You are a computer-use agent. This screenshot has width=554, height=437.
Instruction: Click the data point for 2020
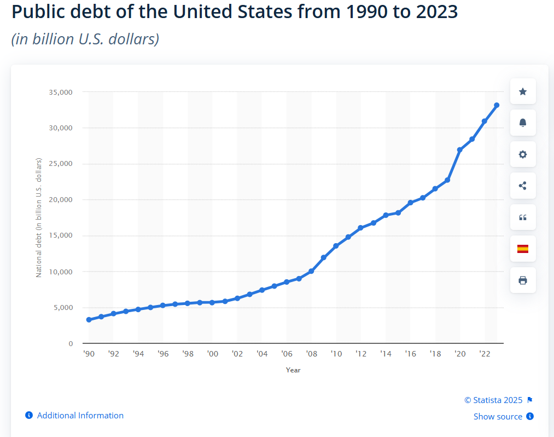pos(459,150)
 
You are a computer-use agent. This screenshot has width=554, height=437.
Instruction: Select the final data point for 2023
pos(497,105)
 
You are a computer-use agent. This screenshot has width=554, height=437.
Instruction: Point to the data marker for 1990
pos(89,319)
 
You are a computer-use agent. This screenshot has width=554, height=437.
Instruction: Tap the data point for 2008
pos(311,271)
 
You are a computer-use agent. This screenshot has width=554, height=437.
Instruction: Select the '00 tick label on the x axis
pos(212,354)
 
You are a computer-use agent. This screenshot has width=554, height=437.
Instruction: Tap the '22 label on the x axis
pos(484,354)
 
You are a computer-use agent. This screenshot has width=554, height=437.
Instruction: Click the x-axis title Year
pos(293,370)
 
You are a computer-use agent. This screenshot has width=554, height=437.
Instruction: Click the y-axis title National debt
pos(39,217)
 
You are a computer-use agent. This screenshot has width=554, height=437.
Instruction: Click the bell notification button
pos(523,123)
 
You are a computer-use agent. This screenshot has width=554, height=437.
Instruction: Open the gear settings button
pos(523,154)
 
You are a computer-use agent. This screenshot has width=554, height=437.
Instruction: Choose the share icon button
pos(523,186)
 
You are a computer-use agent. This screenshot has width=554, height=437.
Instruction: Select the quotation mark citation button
pos(523,217)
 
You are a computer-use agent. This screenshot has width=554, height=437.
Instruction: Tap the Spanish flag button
pos(523,249)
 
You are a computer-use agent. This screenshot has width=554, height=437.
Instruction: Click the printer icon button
pos(523,280)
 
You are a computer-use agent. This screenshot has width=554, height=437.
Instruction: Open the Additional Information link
pos(80,416)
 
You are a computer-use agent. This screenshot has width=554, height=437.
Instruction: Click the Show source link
pos(498,417)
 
